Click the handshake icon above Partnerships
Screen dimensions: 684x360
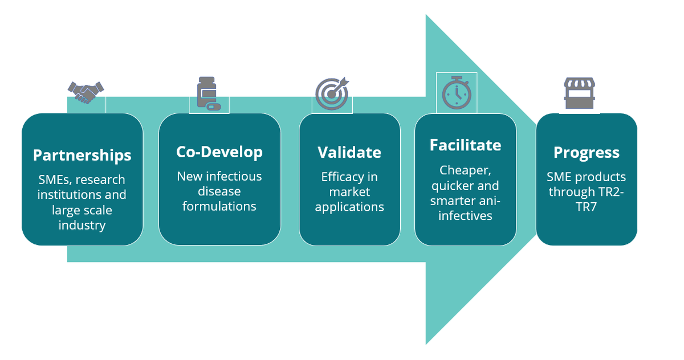tap(86, 92)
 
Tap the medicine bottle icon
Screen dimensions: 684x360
tap(209, 93)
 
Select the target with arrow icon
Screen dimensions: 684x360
tap(332, 93)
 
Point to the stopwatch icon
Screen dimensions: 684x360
tap(457, 93)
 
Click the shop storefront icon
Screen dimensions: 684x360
tap(579, 93)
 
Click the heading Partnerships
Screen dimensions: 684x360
tap(82, 156)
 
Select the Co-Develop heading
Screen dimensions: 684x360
tap(219, 152)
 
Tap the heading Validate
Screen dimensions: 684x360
tap(349, 152)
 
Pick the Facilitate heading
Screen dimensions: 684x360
tap(465, 145)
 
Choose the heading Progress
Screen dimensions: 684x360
tap(587, 153)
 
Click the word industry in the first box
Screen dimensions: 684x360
tap(82, 226)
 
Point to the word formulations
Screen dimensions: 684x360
tap(219, 206)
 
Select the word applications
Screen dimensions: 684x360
tap(349, 207)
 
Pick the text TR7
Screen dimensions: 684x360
tap(587, 207)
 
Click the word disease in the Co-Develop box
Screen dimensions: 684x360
tap(219, 191)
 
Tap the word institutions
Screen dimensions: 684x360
tap(71, 195)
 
